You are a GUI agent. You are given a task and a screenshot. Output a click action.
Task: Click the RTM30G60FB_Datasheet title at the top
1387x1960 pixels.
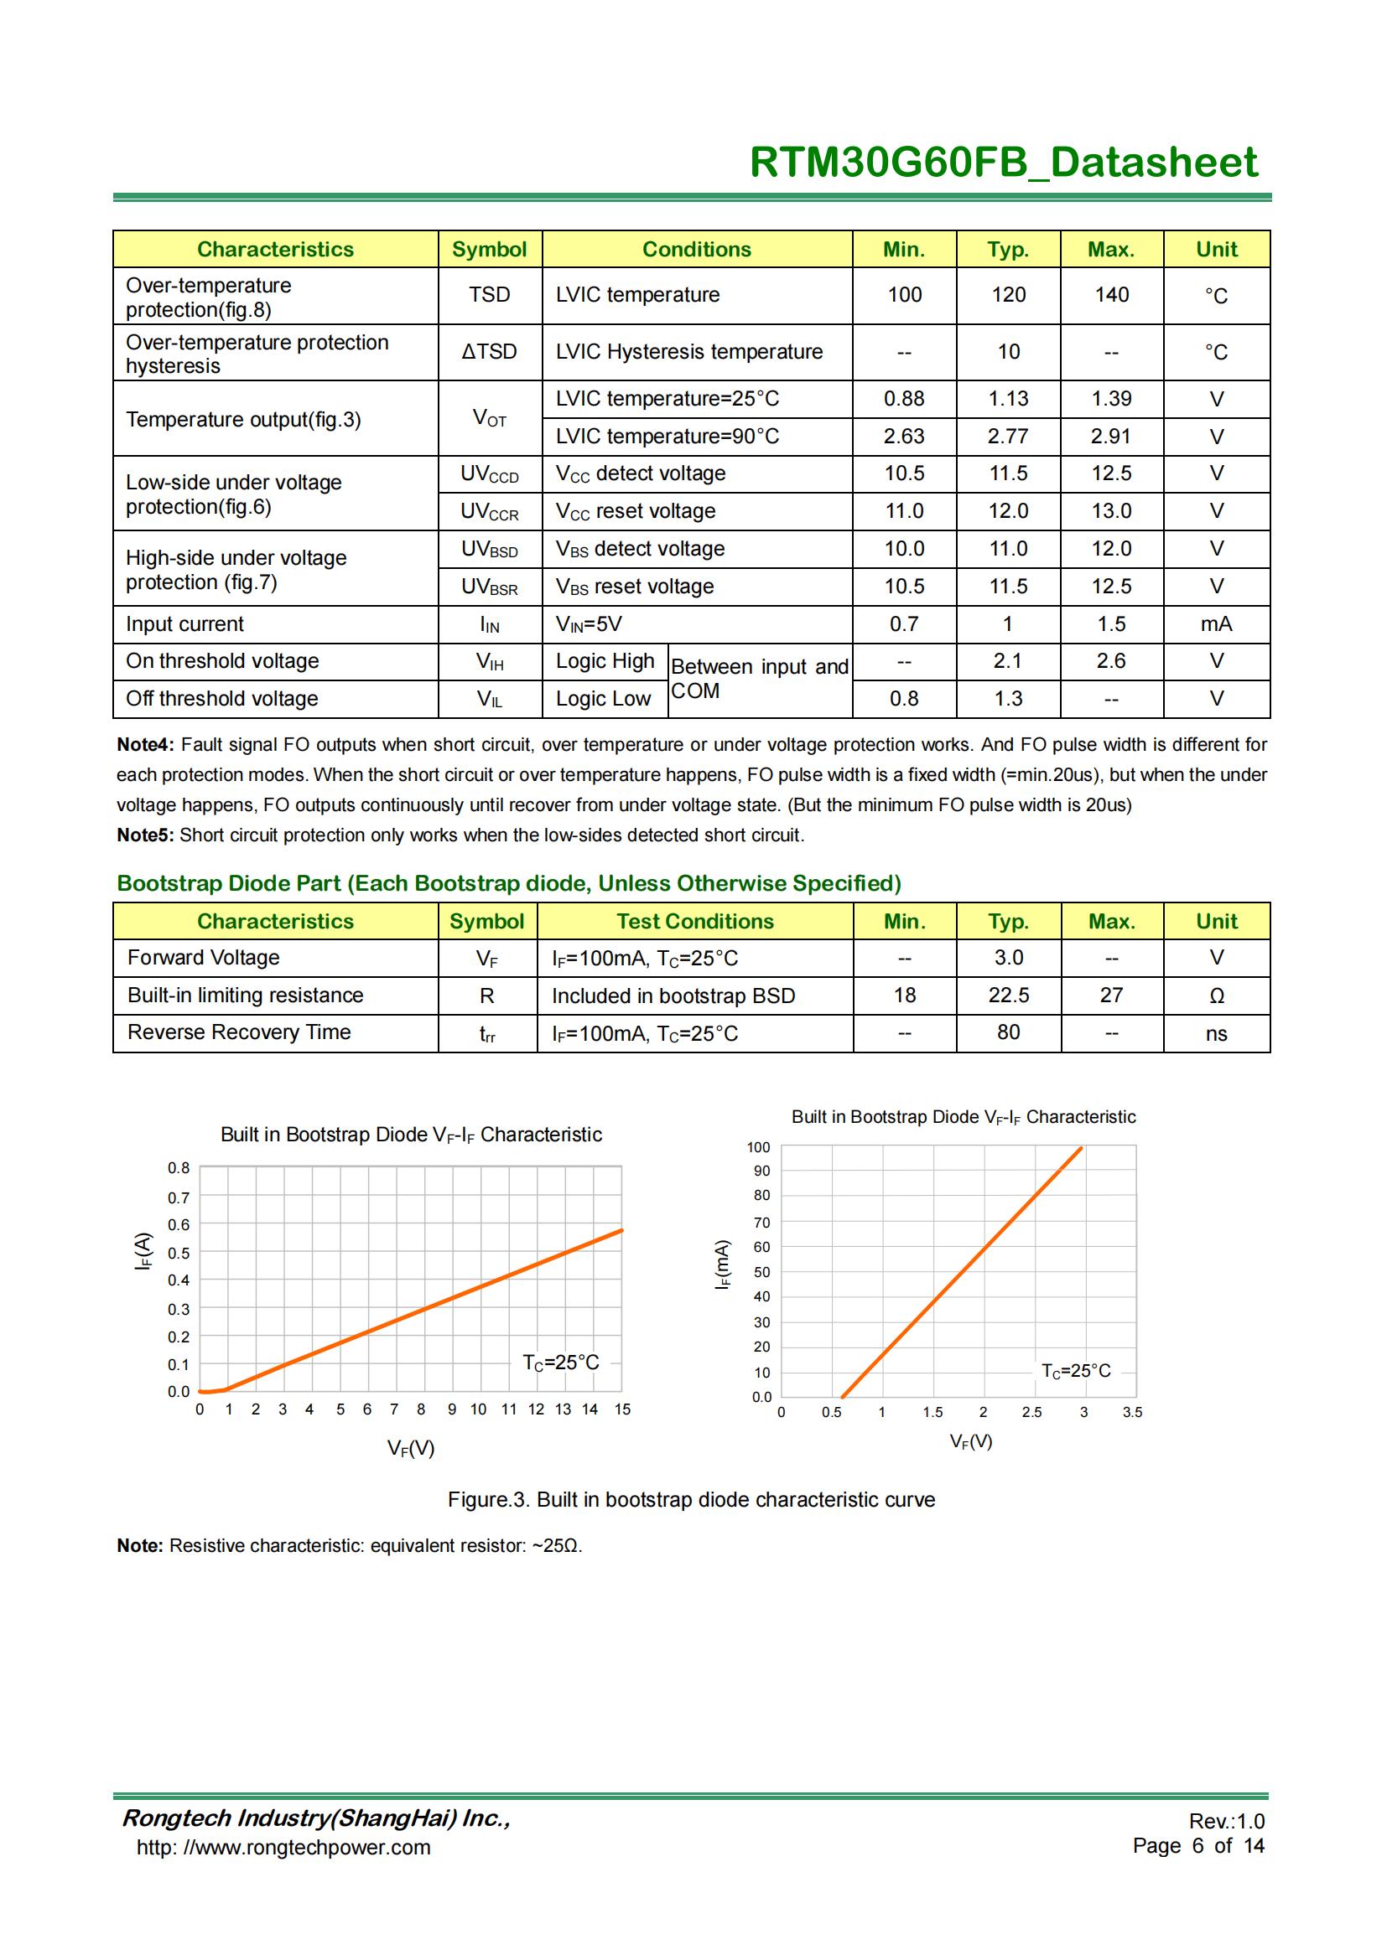tap(1003, 163)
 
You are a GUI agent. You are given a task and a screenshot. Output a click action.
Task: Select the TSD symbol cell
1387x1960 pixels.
tap(490, 294)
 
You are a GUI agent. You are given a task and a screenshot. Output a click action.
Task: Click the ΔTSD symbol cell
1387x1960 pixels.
tap(490, 351)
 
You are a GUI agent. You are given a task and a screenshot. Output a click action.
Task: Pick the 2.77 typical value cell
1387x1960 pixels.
tap(1008, 437)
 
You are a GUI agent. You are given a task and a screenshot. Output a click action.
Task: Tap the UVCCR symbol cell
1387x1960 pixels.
tap(490, 511)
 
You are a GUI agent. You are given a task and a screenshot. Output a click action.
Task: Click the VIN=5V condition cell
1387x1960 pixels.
tap(590, 624)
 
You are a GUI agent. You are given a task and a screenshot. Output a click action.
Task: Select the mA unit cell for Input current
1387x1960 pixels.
tap(1216, 624)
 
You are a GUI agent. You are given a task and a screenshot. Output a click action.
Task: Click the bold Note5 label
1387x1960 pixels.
tap(145, 835)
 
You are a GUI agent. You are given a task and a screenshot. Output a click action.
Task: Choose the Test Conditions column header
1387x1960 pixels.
tap(695, 921)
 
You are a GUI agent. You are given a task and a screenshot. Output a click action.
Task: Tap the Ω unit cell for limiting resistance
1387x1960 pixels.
tap(1216, 996)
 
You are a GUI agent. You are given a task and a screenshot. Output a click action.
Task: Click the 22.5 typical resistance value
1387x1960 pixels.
tap(1008, 996)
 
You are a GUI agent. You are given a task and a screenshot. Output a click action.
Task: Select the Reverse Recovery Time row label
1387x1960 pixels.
tap(239, 1032)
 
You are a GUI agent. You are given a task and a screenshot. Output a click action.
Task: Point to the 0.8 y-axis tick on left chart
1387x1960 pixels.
tap(179, 1168)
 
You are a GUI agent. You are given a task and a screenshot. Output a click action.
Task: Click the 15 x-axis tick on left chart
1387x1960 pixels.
tap(621, 1409)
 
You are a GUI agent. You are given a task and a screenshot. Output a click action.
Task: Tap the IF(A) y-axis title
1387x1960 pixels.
tap(143, 1251)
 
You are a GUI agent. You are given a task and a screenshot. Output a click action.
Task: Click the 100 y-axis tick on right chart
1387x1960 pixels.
tap(758, 1147)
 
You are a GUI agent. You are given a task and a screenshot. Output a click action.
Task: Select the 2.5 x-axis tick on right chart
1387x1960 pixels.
tap(1031, 1412)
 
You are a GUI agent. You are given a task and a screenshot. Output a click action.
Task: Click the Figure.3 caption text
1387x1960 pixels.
tap(691, 1500)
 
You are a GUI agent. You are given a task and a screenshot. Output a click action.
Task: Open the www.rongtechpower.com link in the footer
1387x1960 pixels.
tap(283, 1848)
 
